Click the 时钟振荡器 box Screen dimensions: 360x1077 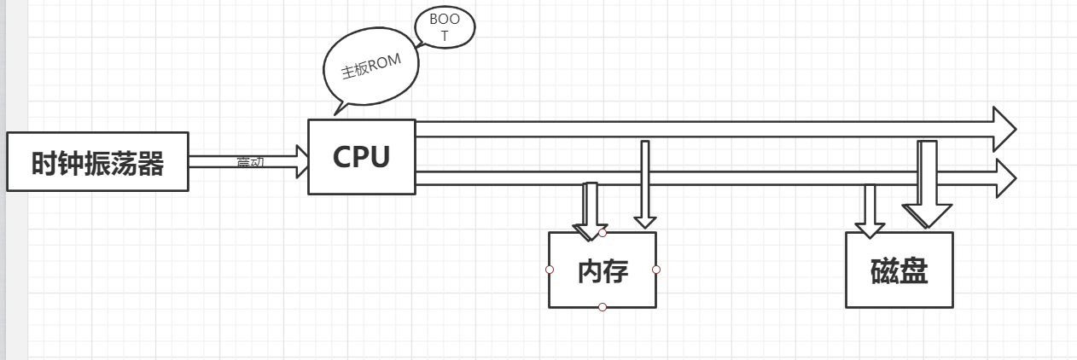click(97, 162)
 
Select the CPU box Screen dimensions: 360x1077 click(361, 157)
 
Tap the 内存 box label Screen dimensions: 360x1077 click(603, 271)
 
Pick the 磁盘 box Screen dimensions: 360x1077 click(899, 270)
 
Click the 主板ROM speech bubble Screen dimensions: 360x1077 click(371, 71)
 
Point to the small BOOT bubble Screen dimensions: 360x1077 click(444, 27)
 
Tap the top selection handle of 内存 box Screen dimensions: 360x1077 click(603, 232)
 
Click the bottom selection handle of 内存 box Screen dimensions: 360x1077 click(603, 307)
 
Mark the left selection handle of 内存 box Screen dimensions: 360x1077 click(549, 270)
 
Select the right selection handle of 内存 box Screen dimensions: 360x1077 click(656, 270)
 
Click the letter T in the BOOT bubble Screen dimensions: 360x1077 click(444, 38)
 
